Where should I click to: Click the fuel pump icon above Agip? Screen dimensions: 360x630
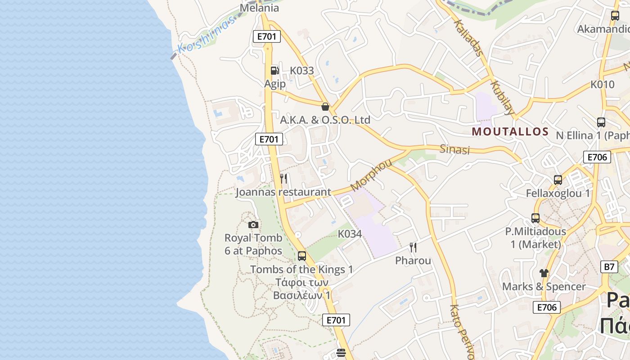[274, 70]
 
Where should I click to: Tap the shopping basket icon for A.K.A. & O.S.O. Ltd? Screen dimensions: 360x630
[325, 107]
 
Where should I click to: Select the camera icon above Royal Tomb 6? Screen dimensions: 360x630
[253, 225]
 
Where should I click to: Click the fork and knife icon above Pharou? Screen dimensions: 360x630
[413, 247]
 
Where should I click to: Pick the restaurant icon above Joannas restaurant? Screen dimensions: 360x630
[283, 179]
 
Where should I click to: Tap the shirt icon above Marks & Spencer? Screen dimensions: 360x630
[544, 273]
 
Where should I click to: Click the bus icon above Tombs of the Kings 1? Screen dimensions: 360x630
[302, 256]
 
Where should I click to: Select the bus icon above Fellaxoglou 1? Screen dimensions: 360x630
[558, 180]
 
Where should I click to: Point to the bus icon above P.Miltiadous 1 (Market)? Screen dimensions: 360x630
[535, 218]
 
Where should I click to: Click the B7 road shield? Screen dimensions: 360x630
[609, 266]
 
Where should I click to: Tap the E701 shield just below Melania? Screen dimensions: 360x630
[267, 36]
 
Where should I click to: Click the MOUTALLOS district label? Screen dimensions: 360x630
[510, 132]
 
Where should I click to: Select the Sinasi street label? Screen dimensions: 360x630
[454, 149]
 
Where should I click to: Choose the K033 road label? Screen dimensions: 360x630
[302, 71]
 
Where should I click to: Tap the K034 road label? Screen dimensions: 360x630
[350, 234]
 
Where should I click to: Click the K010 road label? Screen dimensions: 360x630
[603, 84]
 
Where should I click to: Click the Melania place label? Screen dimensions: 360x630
[259, 8]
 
